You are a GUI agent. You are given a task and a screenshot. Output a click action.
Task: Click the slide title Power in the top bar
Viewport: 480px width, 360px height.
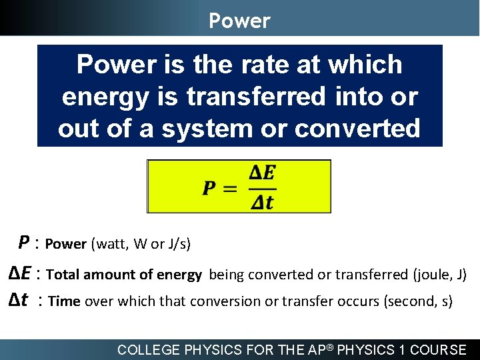pyautogui.click(x=239, y=21)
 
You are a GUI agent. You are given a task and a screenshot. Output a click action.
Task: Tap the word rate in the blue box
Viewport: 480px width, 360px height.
pyautogui.click(x=248, y=65)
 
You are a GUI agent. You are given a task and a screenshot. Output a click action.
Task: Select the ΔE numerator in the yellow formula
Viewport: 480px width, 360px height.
pyautogui.click(x=262, y=173)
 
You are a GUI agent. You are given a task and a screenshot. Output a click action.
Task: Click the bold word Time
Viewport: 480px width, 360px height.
pyautogui.click(x=64, y=301)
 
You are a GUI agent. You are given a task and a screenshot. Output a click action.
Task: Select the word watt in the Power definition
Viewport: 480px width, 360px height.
pyautogui.click(x=111, y=244)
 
